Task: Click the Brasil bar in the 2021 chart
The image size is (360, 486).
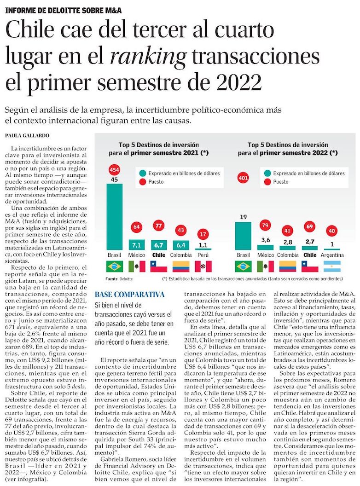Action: click(x=115, y=217)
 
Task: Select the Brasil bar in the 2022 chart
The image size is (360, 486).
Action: click(x=243, y=236)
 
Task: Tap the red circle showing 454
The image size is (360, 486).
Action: click(x=115, y=170)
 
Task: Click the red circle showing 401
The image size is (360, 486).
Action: click(x=243, y=178)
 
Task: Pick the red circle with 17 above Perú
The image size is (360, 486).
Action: click(x=203, y=234)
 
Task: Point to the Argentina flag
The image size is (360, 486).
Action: click(x=332, y=266)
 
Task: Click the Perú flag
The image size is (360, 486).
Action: click(x=203, y=266)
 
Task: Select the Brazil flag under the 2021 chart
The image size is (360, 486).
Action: click(x=115, y=266)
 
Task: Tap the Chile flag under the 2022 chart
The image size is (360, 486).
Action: click(x=310, y=266)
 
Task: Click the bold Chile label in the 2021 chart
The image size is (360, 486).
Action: click(x=159, y=255)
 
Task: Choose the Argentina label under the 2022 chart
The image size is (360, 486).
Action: click(x=332, y=255)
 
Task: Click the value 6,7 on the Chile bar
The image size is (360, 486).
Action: click(x=159, y=245)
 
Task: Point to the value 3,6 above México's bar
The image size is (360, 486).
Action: click(x=266, y=240)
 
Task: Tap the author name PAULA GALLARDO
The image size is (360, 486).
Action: click(x=27, y=135)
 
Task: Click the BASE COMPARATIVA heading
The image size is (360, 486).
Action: click(x=130, y=295)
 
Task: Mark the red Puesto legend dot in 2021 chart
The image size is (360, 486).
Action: click(x=143, y=182)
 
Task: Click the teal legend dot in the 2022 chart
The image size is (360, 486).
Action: click(x=267, y=173)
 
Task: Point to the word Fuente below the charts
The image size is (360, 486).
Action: click(x=111, y=279)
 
